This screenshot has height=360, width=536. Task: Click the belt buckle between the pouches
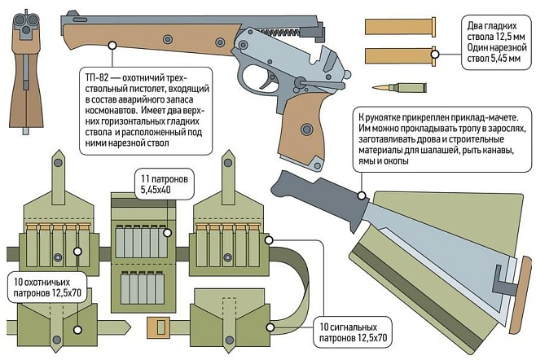click(158, 328)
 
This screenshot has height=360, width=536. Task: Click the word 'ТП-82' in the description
click(97, 76)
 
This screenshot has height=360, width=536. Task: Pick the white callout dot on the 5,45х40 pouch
click(166, 233)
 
